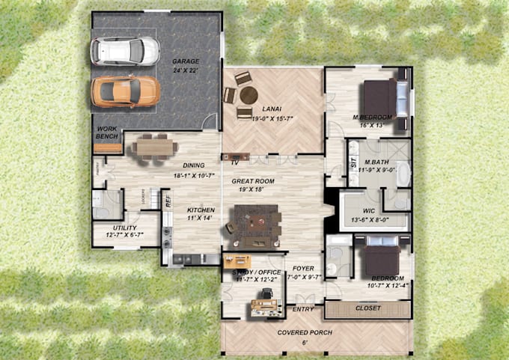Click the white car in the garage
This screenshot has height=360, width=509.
[125, 51]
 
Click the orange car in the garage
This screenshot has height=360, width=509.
[125, 91]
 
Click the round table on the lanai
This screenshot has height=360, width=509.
[249, 95]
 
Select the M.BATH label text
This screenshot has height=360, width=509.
[374, 162]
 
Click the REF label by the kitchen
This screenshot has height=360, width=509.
[168, 200]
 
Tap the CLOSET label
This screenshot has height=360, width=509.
[367, 308]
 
